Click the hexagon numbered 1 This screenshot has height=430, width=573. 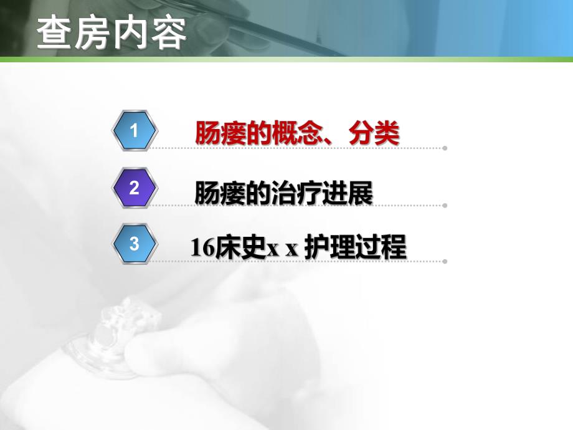pyautogui.click(x=135, y=130)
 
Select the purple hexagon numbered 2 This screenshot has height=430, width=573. pyautogui.click(x=135, y=187)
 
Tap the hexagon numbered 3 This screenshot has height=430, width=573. pyautogui.click(x=135, y=244)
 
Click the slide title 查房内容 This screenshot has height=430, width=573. pyautogui.click(x=111, y=33)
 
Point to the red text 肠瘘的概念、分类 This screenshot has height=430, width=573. pyautogui.click(x=297, y=133)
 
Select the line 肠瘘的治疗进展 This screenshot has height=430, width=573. pyautogui.click(x=283, y=193)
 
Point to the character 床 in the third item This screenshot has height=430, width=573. pyautogui.click(x=227, y=248)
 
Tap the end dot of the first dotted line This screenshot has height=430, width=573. pyautogui.click(x=445, y=148)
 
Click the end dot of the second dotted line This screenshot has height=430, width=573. pyautogui.click(x=445, y=205)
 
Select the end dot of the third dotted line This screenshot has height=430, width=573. pyautogui.click(x=445, y=262)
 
